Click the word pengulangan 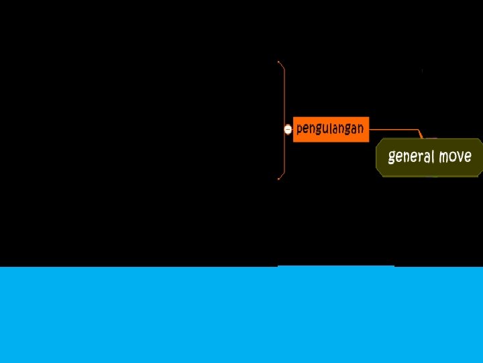pos(330,128)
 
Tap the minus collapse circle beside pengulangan pos(288,129)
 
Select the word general pos(411,157)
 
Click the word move pos(455,157)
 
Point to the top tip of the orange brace pos(279,62)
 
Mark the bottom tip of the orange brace pos(279,179)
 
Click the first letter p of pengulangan pos(300,129)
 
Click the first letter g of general pos(392,159)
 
